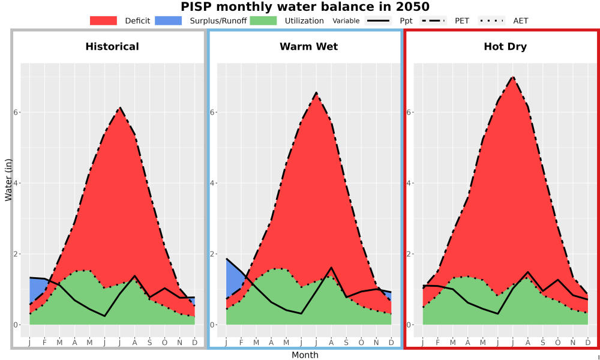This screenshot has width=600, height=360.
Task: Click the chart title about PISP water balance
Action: click(305, 7)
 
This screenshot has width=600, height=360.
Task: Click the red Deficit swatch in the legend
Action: click(103, 20)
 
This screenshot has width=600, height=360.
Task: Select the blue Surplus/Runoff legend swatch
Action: click(169, 20)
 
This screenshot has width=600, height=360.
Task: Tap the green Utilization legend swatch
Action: click(263, 20)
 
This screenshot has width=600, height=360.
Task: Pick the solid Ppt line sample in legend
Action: click(378, 20)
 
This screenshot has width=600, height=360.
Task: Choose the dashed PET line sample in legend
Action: click(433, 20)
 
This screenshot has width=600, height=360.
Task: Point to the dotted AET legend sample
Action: click(492, 20)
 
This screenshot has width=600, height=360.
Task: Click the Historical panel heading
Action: click(112, 47)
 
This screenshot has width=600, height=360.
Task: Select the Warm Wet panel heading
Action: click(309, 47)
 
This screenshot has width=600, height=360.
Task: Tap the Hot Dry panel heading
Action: click(505, 47)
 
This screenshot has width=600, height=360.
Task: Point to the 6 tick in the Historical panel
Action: click(17, 112)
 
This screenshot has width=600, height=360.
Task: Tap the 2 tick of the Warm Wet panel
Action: click(213, 254)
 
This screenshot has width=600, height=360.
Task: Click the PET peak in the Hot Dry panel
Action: click(513, 77)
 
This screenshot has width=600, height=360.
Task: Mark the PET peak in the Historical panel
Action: click(120, 107)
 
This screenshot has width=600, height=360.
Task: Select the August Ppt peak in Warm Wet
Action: click(331, 268)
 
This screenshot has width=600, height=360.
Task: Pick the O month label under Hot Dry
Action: click(558, 343)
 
